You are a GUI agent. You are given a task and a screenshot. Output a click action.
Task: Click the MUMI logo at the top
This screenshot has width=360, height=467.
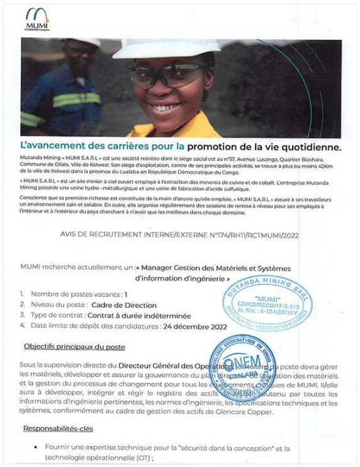[37, 19]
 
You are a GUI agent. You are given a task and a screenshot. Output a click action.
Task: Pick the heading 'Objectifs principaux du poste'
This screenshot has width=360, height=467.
[74, 347]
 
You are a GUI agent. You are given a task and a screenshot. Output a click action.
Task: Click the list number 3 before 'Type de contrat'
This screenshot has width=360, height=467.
[23, 315]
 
